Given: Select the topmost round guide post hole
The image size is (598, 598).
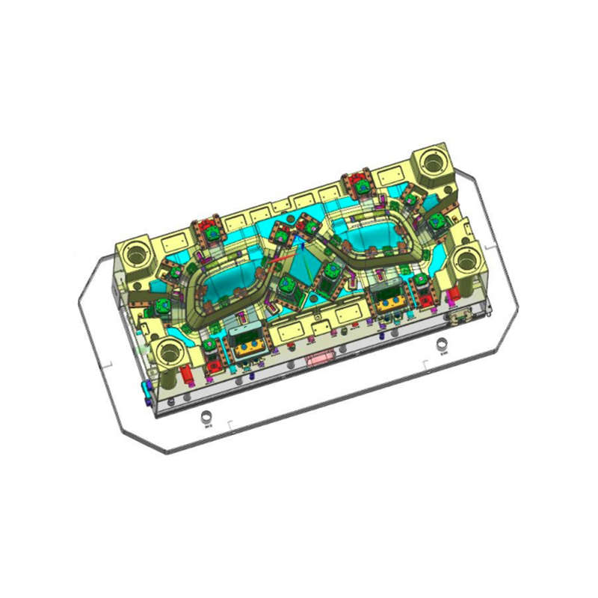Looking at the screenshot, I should coord(433,161).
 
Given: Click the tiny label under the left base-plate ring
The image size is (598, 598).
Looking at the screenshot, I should coord(208,428).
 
